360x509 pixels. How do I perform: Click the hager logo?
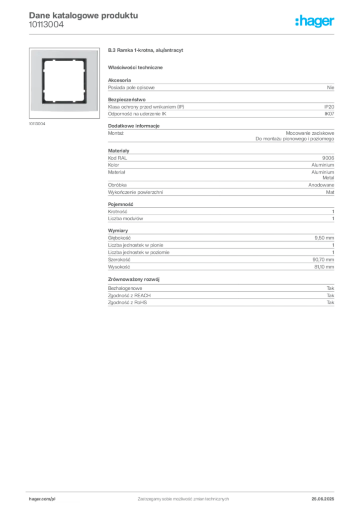click(315, 21)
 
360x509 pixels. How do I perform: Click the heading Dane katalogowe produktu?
click(84, 15)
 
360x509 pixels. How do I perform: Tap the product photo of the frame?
click(64, 83)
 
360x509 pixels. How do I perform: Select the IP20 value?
click(329, 107)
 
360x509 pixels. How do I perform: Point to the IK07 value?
click(329, 114)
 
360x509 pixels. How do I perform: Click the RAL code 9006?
click(328, 158)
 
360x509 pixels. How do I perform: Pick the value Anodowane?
click(321, 185)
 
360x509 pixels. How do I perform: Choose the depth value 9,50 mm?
click(324, 238)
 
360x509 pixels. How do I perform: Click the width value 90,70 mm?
click(323, 259)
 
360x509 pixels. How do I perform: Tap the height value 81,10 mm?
click(324, 267)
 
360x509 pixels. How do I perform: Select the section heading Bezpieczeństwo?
click(127, 99)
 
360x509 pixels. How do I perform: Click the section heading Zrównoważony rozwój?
click(134, 279)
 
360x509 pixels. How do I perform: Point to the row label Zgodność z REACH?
click(129, 295)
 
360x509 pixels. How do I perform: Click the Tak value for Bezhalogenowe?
click(331, 288)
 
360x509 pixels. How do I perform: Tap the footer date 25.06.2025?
click(323, 499)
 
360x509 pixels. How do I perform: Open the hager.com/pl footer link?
click(42, 499)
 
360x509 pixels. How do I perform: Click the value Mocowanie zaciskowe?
click(310, 133)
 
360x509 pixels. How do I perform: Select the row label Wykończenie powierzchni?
click(135, 192)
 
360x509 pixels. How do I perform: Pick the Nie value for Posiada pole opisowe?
click(331, 87)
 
